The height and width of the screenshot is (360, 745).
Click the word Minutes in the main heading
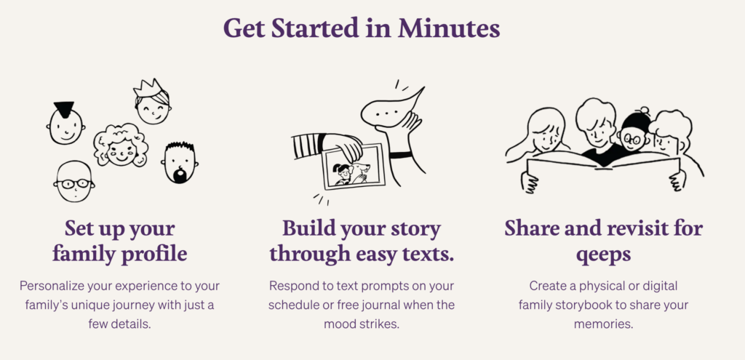pos(449,28)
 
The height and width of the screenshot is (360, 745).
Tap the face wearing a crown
pos(152,102)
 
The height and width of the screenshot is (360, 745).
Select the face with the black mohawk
pos(65,123)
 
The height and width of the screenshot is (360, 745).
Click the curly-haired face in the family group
pos(120,145)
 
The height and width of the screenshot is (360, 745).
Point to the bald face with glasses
pos(73,181)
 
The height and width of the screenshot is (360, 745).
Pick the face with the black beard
pos(180,162)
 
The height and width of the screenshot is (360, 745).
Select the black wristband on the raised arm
pos(401,156)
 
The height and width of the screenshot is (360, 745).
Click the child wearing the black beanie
pos(634,129)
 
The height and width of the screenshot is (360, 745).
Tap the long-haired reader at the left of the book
pos(541,135)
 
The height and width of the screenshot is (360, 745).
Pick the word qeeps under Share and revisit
pos(603,255)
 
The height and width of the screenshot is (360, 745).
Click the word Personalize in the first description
pos(52,287)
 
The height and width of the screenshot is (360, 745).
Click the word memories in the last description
pos(603,324)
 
